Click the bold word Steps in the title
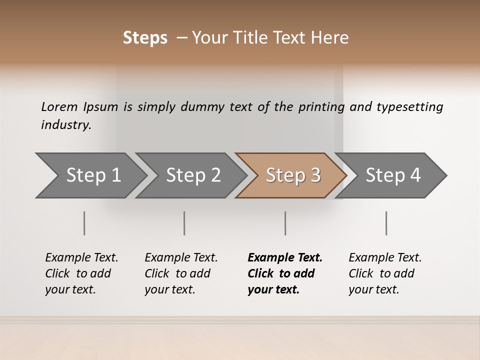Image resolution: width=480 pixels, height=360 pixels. (x=145, y=38)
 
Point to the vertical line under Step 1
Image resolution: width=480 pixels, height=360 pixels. (x=84, y=223)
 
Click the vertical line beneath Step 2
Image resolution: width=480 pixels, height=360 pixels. (x=184, y=223)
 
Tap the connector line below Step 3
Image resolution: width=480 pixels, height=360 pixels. (x=285, y=223)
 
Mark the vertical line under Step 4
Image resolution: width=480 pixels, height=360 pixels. (x=386, y=223)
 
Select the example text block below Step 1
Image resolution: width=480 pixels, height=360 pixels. (x=81, y=273)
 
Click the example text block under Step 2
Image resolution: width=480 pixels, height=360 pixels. (x=181, y=273)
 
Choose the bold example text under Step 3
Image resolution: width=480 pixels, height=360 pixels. (x=285, y=273)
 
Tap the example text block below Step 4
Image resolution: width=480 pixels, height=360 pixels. (x=385, y=273)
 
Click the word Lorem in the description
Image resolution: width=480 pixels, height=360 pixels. (x=59, y=107)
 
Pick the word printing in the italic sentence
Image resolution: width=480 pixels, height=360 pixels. (x=321, y=107)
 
